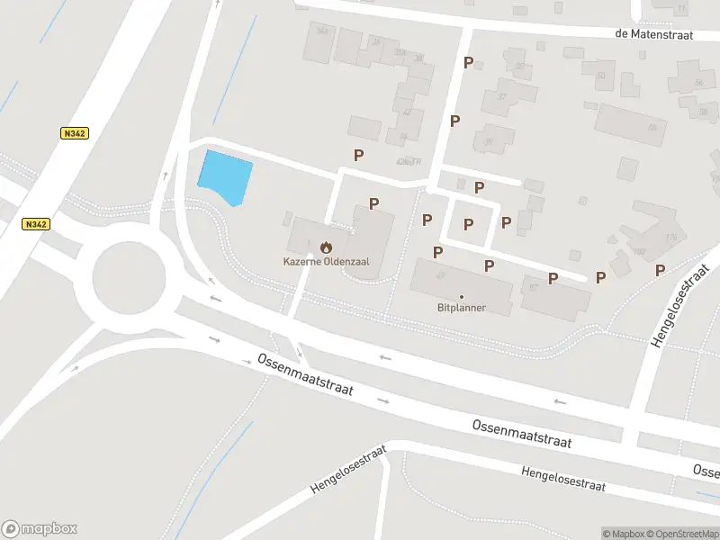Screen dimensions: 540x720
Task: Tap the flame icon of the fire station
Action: point(326,245)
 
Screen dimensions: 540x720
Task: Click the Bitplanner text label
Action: point(461,308)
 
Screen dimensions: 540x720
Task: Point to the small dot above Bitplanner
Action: point(462,296)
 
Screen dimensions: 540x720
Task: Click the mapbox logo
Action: point(40,528)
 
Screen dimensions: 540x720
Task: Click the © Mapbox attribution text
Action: point(623,534)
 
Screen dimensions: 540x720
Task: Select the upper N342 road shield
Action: point(75,133)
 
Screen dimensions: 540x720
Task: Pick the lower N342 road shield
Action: point(36,224)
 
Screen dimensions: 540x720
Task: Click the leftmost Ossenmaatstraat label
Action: point(305,374)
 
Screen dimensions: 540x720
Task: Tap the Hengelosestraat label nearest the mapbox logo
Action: point(348,469)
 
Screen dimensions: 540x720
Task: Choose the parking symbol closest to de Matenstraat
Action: point(468,62)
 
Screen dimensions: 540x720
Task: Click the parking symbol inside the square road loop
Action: point(468,224)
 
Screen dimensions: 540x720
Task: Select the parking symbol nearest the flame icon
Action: point(373,203)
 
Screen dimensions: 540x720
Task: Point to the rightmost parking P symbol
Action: point(660,270)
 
